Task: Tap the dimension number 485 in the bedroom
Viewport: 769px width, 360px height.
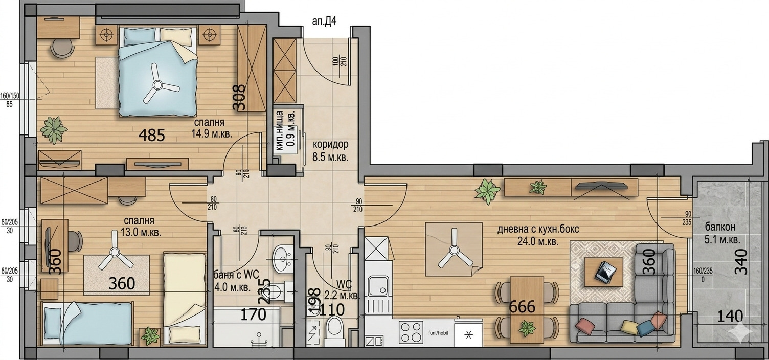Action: pos(152,136)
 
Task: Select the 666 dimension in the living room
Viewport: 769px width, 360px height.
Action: pos(522,307)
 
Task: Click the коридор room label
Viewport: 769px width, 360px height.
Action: pos(330,145)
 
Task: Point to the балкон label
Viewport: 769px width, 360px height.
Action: pos(719,226)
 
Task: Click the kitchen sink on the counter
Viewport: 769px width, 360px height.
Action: pos(379,287)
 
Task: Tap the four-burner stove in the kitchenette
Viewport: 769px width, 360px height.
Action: pos(411,331)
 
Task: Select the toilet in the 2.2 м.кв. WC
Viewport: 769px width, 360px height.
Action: pos(335,328)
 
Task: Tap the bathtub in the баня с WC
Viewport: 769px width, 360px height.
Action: pos(248,327)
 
